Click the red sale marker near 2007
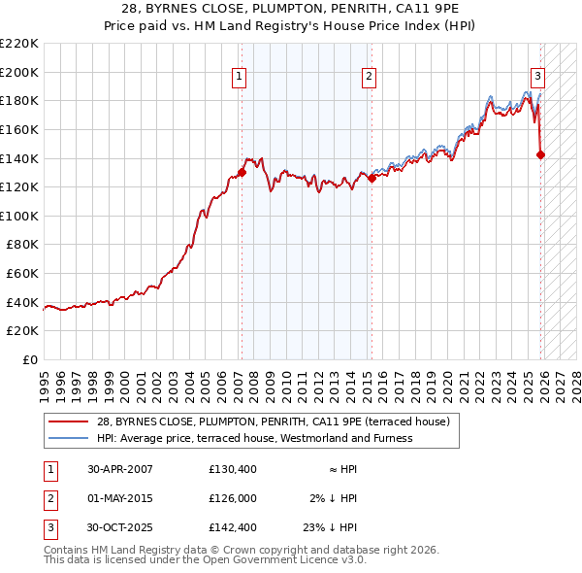242,172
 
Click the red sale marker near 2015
372,179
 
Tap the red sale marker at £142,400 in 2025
540,154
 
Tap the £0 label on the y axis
29,359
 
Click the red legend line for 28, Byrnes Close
68,422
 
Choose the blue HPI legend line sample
68,439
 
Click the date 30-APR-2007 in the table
119,469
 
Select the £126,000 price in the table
232,498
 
